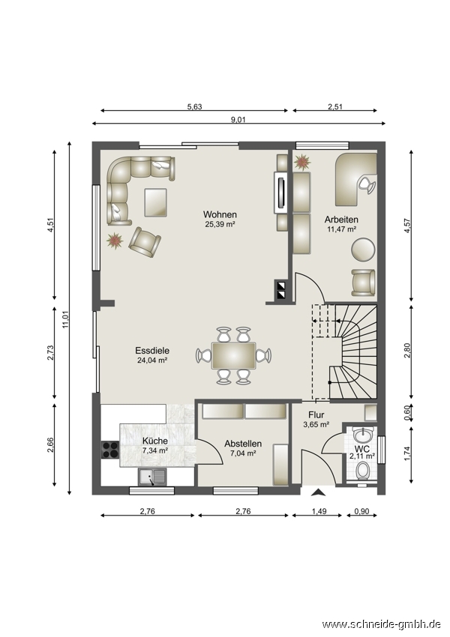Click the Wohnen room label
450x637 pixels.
click(x=220, y=214)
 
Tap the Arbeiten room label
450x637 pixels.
click(x=341, y=220)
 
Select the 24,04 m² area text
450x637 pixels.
click(x=152, y=360)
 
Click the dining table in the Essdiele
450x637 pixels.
click(x=233, y=355)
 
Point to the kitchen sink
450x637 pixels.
click(x=152, y=477)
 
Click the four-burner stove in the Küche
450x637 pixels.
click(x=109, y=450)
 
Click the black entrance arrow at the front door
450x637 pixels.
click(x=318, y=493)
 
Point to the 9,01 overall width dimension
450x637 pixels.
click(x=238, y=119)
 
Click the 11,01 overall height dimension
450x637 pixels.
click(x=66, y=318)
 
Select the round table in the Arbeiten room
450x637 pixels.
click(x=363, y=250)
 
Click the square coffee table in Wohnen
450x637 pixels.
click(x=155, y=202)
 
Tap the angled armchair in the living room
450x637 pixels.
click(x=145, y=242)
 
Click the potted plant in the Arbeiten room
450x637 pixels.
click(x=302, y=162)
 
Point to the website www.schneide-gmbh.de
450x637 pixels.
click(x=381, y=624)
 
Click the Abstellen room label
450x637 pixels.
click(x=243, y=444)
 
